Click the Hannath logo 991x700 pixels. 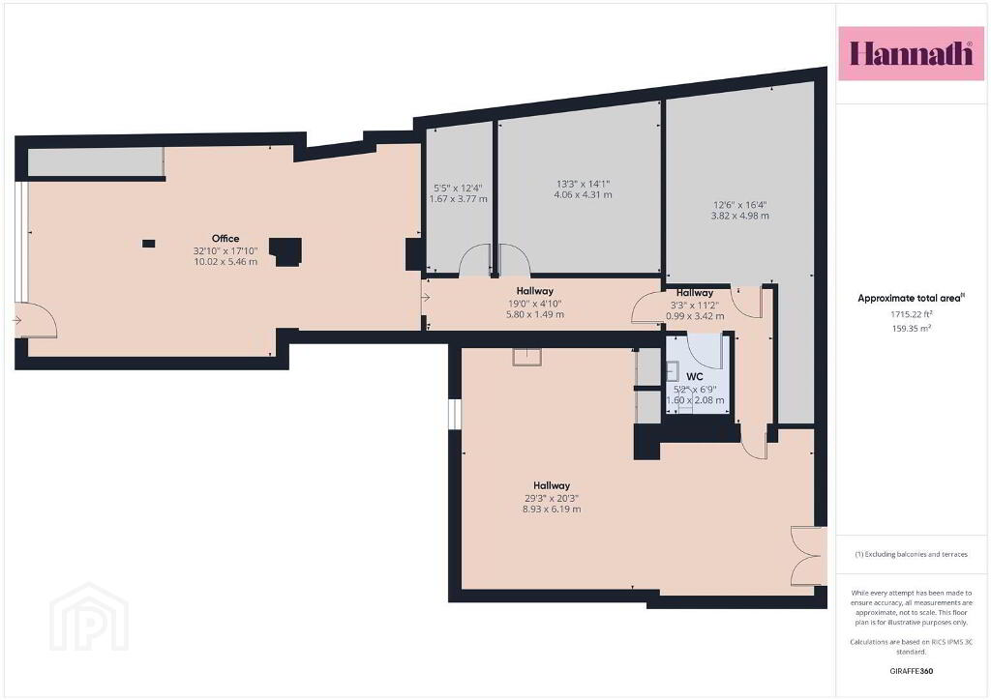(911, 53)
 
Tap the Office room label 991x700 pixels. (225, 239)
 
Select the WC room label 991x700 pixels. (695, 377)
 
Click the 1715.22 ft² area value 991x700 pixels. (911, 313)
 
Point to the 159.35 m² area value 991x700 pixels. (911, 328)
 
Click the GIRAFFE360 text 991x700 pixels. (912, 671)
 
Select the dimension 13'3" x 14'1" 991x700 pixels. (583, 185)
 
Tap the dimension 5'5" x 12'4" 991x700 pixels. (458, 189)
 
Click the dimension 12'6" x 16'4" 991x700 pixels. (739, 205)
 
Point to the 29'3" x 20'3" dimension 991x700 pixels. (552, 498)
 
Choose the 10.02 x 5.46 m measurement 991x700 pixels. (225, 261)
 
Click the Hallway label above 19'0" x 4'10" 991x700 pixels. (534, 291)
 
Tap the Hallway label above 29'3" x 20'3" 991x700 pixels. (552, 486)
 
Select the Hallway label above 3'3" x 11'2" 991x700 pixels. (695, 293)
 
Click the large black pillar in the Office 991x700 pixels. (285, 251)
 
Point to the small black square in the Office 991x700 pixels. (148, 244)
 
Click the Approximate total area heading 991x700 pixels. (911, 299)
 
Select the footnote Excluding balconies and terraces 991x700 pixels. (911, 554)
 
